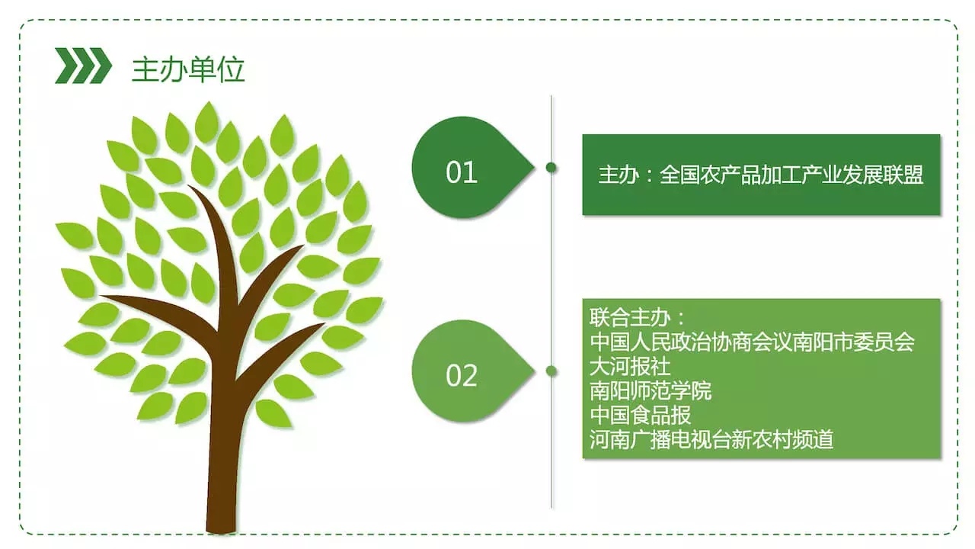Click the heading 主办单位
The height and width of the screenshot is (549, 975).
coord(188,69)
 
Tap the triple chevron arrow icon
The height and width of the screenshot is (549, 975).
coord(83,66)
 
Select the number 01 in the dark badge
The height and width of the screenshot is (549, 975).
coord(462,172)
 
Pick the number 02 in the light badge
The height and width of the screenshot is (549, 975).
coord(462,376)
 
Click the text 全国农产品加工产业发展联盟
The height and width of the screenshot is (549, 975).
coord(791,175)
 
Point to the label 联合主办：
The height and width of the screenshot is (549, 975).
coord(637,318)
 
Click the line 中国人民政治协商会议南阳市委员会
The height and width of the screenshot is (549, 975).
coord(752,342)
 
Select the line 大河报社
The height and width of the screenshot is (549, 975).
coord(630,367)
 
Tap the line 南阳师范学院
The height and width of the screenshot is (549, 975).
coord(651,391)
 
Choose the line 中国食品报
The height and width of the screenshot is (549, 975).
coord(641,416)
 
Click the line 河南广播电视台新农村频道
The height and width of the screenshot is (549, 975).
coord(711,439)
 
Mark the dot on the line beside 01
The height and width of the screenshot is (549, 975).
coord(551,168)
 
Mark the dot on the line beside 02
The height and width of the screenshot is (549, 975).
coord(551,371)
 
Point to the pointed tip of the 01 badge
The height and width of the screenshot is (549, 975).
coord(534,168)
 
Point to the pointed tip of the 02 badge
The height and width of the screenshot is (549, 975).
coord(534,371)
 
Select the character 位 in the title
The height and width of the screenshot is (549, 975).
coord(231,69)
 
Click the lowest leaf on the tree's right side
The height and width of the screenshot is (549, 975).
coord(273,413)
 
